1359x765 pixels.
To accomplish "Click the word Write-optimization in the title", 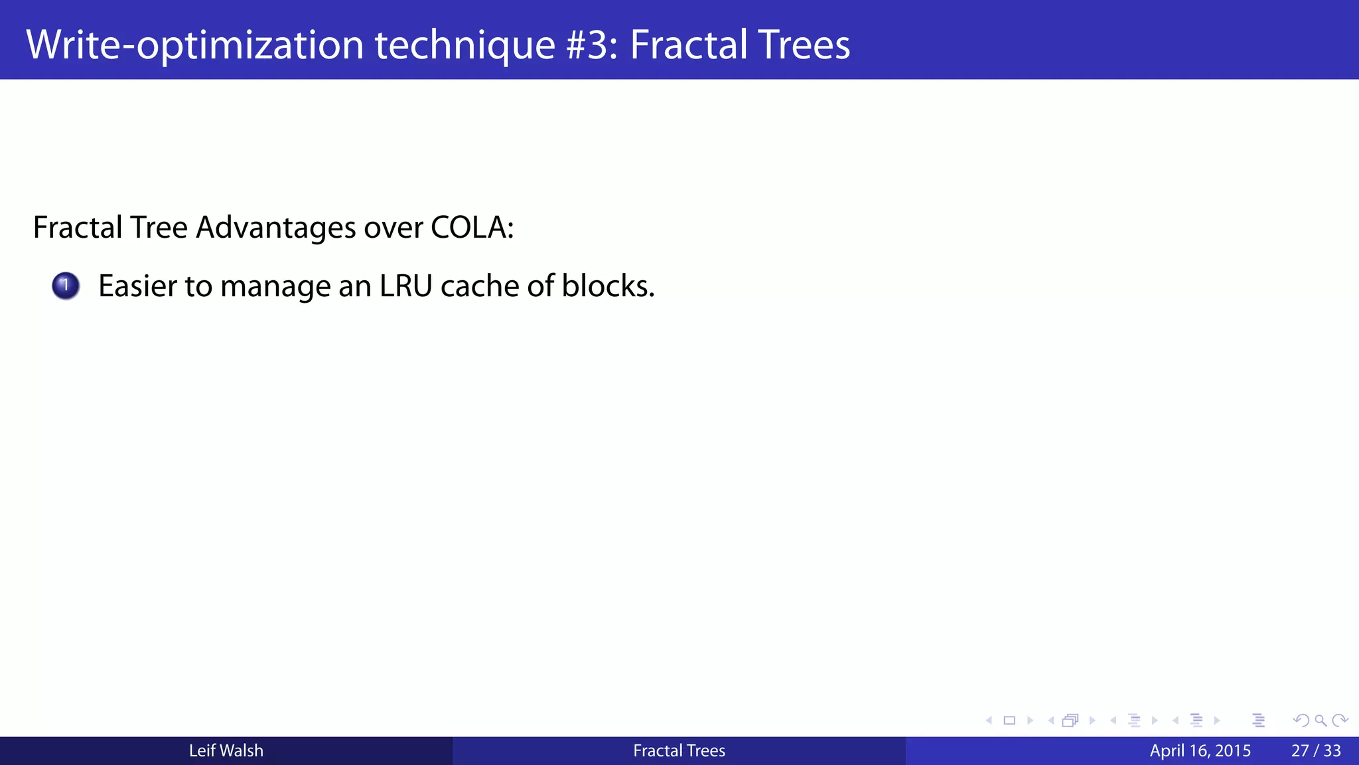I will click(x=194, y=45).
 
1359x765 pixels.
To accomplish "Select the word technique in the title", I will click(x=465, y=45).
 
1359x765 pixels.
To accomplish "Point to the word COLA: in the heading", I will click(x=472, y=228).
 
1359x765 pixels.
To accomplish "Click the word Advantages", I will click(x=275, y=228).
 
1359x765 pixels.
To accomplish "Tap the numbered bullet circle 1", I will click(x=66, y=286).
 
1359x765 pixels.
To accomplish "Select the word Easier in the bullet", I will click(x=137, y=286).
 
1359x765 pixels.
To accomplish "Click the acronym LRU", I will click(x=405, y=286).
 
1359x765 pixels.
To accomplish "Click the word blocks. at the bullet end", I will click(x=608, y=286).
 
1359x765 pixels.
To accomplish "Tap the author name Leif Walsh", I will click(x=226, y=751).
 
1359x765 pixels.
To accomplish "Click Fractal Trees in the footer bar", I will click(x=679, y=751).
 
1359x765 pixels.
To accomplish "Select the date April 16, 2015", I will click(x=1200, y=751).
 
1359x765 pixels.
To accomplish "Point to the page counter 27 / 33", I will click(x=1315, y=751).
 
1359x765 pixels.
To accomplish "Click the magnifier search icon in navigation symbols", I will click(x=1321, y=721).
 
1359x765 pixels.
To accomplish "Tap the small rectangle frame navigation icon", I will click(x=1009, y=721).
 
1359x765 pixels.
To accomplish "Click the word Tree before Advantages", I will click(x=159, y=228).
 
